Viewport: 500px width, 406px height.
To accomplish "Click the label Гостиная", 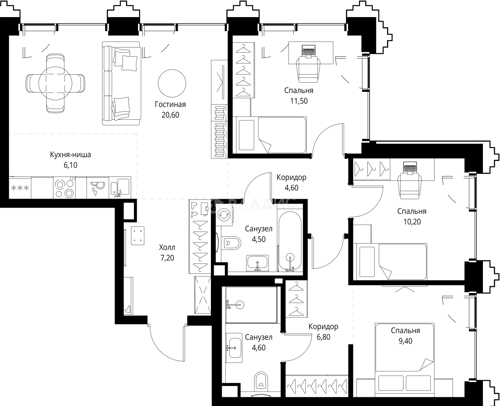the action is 170,104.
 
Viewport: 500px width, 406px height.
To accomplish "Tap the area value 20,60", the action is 170,115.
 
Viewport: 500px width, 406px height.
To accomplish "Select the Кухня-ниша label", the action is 71,154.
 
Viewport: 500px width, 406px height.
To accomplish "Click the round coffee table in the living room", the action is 172,83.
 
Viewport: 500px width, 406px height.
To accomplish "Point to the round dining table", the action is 55,83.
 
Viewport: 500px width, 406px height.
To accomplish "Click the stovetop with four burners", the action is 65,188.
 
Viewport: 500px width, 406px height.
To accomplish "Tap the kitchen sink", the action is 120,188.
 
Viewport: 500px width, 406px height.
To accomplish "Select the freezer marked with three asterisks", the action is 20,188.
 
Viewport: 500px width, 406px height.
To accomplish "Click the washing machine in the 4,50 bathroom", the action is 224,214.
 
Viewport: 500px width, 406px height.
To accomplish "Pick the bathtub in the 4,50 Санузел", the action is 290,241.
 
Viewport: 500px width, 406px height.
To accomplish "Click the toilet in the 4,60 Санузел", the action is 261,383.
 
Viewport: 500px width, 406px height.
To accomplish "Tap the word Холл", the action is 167,248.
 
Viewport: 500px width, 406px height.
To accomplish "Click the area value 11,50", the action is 299,101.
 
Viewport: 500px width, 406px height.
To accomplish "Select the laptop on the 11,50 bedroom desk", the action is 309,51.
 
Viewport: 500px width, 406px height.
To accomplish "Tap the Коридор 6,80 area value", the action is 323,337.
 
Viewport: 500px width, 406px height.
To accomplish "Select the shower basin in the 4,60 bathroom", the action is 251,305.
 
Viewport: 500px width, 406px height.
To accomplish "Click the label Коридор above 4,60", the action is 291,177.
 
